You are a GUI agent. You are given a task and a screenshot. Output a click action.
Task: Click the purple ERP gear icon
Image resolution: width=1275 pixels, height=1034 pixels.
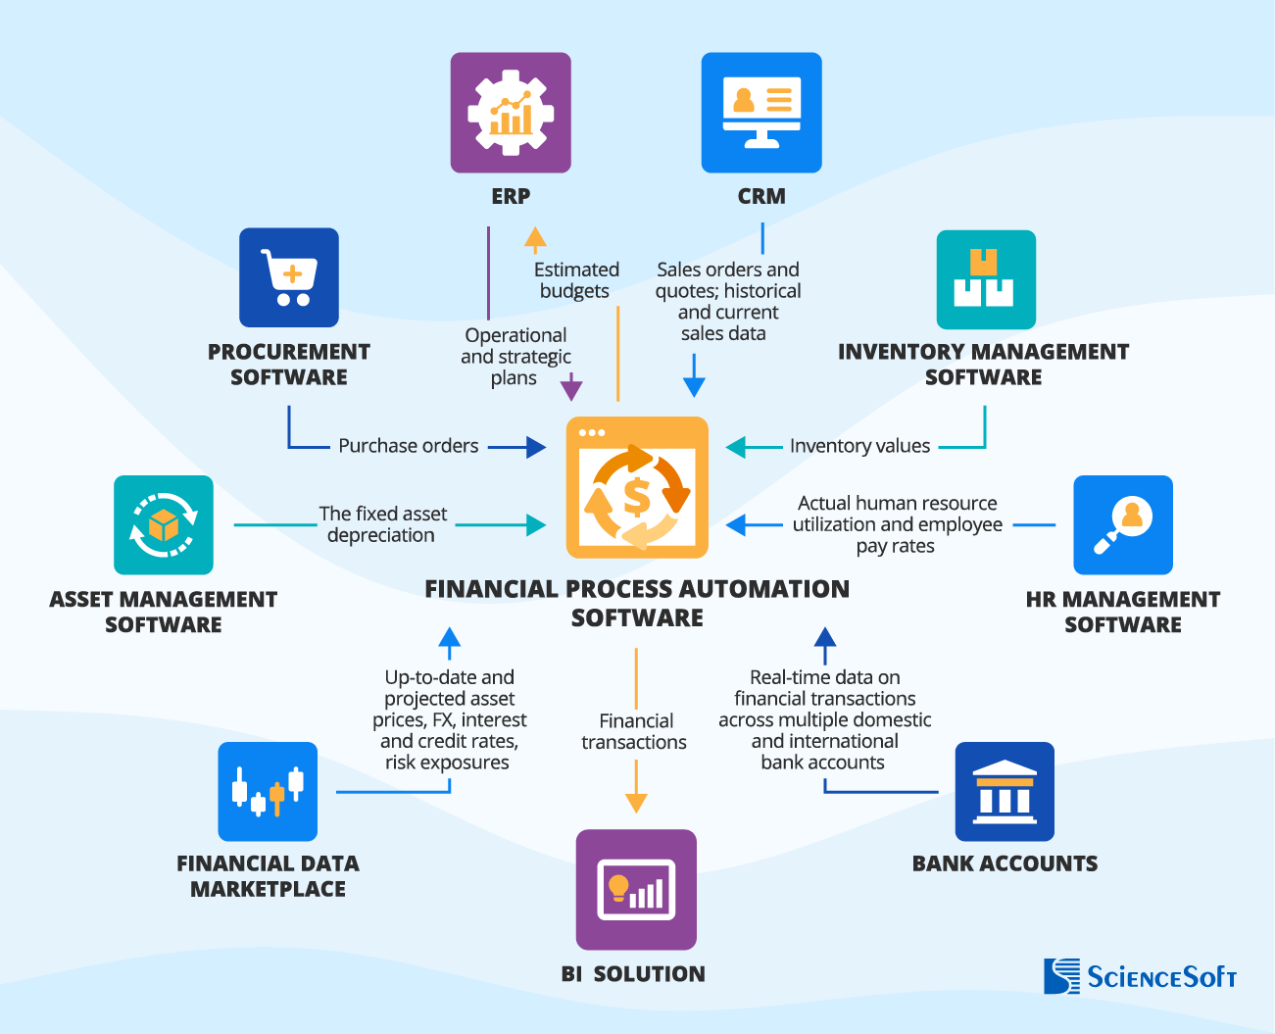click(511, 113)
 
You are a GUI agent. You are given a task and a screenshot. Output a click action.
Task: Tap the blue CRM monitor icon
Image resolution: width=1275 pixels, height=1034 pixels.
click(761, 113)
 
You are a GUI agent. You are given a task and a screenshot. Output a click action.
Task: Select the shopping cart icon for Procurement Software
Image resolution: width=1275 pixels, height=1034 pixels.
click(289, 277)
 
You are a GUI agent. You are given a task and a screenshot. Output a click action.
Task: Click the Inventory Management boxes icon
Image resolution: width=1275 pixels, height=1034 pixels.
click(986, 279)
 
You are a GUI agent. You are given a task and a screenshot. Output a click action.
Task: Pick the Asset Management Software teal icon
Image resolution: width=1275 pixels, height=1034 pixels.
click(164, 524)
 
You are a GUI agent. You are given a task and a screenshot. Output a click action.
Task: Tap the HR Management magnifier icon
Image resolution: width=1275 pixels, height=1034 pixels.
click(1123, 524)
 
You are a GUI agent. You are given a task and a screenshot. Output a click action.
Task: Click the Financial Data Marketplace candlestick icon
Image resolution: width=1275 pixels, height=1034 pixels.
click(268, 791)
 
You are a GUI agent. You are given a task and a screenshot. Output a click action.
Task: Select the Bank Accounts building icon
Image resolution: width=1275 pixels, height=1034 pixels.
click(1005, 791)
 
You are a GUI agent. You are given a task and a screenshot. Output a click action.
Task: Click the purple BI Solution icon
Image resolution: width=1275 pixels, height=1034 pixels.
click(636, 889)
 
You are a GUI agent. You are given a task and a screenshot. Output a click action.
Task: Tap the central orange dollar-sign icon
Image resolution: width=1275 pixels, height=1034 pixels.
click(637, 487)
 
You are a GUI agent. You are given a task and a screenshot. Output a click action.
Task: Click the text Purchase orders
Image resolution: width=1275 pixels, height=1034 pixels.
click(409, 446)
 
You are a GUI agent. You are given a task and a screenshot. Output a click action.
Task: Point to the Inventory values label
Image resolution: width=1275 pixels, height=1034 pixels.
click(859, 446)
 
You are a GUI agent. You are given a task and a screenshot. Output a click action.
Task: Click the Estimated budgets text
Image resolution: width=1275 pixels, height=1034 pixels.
click(576, 280)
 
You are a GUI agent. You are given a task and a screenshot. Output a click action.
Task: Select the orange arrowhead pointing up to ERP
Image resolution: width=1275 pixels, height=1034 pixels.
click(535, 238)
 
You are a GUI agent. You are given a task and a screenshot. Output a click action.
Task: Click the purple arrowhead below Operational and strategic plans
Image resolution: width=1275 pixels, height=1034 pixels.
click(571, 390)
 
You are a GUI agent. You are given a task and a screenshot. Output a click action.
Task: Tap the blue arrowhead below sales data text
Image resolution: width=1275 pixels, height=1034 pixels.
click(694, 386)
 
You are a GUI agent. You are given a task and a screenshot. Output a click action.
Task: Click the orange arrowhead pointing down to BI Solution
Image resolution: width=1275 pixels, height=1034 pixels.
click(636, 803)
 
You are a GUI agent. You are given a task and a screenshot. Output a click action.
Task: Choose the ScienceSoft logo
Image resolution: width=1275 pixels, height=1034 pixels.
click(1140, 976)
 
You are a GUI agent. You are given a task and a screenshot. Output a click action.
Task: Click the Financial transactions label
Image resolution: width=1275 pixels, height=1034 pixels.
click(634, 731)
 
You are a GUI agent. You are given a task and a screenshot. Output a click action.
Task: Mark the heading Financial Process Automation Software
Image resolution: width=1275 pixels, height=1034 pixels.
click(637, 603)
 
